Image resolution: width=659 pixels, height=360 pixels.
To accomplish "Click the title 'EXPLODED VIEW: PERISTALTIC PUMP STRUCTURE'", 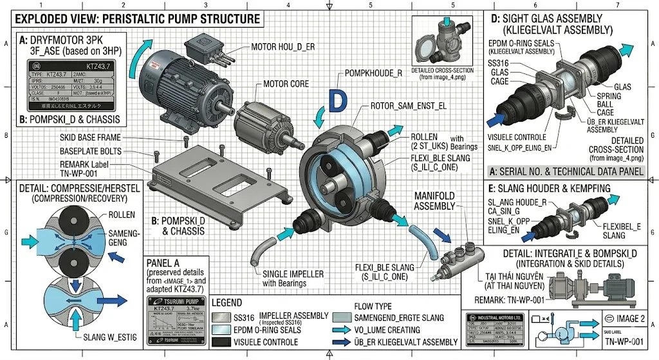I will pos(141,19).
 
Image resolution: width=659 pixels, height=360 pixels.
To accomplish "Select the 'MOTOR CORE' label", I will pos(286,84).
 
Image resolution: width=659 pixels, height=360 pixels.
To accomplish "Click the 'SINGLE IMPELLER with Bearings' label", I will pos(293,278).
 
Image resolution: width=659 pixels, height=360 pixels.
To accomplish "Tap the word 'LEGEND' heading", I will pos(227,302).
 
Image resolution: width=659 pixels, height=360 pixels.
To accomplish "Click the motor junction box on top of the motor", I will pos(206,46).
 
